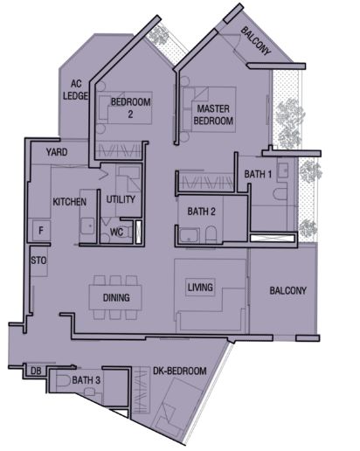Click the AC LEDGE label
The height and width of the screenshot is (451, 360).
pos(75,90)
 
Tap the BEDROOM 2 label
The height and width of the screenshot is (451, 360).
pos(131,108)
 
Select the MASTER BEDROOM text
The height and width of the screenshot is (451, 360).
pos(213,114)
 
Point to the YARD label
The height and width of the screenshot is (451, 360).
pos(57,152)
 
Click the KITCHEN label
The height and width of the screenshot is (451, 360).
pos(69,202)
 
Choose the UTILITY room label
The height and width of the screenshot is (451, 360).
pos(121,199)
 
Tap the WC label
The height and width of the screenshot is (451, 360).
pos(116,232)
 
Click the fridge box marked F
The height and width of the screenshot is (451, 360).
pos(41,230)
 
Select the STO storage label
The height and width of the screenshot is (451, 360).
pos(38,260)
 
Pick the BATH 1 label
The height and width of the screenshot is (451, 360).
pos(258,174)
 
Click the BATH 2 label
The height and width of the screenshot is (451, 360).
pos(201,212)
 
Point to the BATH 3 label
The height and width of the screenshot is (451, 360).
pos(86,380)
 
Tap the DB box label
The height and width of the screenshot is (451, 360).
pos(36,371)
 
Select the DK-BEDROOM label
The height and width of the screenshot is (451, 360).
pos(180,371)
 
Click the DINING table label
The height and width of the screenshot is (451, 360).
pos(116,297)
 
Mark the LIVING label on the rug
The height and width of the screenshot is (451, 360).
pos(200,288)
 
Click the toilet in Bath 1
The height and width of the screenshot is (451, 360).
pos(280,193)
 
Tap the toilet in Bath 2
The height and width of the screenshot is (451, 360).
pos(211,234)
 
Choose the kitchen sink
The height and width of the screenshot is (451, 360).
pos(87,225)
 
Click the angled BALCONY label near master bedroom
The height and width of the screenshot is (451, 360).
pos(256,41)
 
